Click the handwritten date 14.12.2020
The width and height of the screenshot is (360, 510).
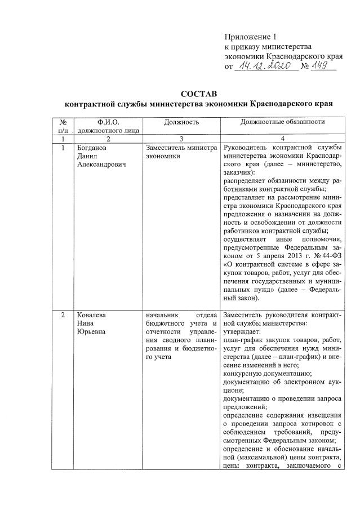pos(265,66)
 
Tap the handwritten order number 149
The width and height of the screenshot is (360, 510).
pos(323,66)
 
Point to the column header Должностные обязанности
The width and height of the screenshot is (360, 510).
pos(282,122)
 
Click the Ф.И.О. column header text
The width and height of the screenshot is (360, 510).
pos(108,122)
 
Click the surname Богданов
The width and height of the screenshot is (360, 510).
pos(92,148)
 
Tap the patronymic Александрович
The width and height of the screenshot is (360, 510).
pos(102,165)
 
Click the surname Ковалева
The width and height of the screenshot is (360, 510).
pos(91,314)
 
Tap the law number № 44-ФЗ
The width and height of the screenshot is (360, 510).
pos(324,254)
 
